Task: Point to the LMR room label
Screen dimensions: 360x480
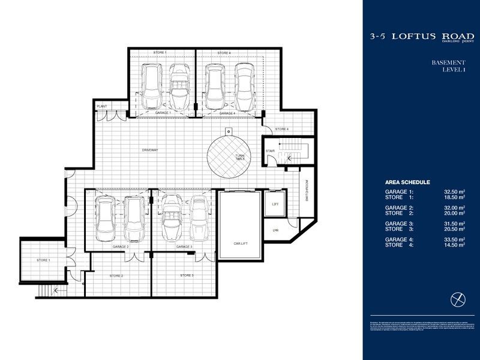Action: point(275,232)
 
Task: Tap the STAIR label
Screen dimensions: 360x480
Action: point(270,151)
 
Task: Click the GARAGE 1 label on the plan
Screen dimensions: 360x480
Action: point(163,113)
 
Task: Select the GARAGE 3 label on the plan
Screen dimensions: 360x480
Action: point(184,247)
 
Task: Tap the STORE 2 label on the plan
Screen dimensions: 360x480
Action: point(116,275)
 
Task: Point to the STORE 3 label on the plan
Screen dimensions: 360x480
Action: point(187,275)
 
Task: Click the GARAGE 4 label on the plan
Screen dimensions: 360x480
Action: point(227,113)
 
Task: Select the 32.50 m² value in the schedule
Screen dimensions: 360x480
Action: point(455,191)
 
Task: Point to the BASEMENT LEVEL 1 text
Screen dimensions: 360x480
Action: point(449,66)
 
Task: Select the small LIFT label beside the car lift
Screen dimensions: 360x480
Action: point(276,204)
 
